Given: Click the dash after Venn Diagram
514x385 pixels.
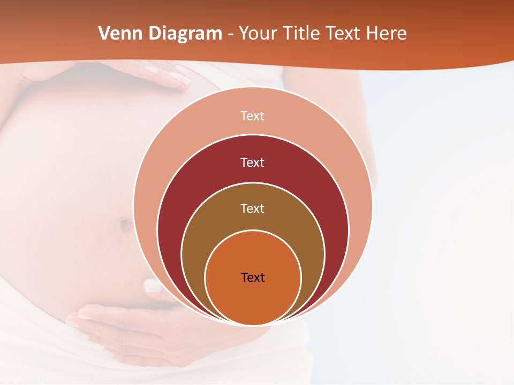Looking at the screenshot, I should (230, 34).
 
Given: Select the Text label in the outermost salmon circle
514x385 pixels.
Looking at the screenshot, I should (252, 116).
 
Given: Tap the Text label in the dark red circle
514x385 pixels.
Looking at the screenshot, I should (252, 163).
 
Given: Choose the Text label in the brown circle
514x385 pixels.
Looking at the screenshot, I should (252, 209).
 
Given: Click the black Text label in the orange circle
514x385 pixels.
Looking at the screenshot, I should (253, 278).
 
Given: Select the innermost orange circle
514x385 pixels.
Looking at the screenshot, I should (253, 299).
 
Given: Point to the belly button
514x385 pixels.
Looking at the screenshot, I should (126, 225).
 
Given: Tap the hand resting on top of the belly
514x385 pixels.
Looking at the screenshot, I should (161, 72).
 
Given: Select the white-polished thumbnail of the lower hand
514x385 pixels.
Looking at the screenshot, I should (153, 287).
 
